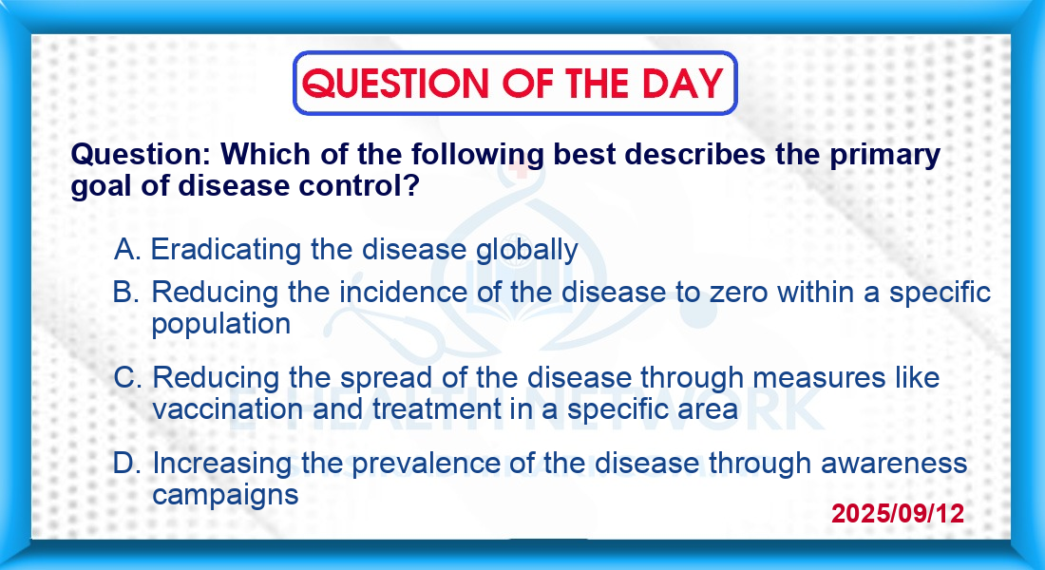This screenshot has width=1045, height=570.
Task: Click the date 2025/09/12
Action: click(898, 513)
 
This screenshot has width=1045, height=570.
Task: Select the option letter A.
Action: click(127, 250)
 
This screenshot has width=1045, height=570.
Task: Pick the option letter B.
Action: click(126, 292)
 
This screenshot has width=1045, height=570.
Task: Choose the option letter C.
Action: click(127, 377)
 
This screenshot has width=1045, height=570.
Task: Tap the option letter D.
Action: click(126, 463)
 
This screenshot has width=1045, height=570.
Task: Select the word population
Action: click(221, 325)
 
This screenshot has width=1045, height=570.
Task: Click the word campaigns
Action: click(225, 495)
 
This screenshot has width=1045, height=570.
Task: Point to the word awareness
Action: click(894, 464)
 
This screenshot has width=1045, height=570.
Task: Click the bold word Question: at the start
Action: click(142, 155)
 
